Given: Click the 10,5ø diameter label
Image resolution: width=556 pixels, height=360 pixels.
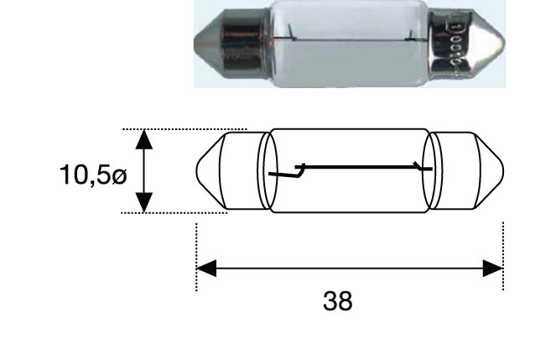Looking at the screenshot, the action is pyautogui.click(x=93, y=175).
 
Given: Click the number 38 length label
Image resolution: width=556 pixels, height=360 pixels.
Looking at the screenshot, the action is pyautogui.click(x=338, y=300).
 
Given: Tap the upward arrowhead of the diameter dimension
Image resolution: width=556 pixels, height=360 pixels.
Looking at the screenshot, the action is pyautogui.click(x=144, y=139).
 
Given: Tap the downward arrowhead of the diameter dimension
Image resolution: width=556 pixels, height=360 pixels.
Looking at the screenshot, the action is pyautogui.click(x=144, y=202).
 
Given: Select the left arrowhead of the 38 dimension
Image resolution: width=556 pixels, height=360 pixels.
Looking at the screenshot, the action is pyautogui.click(x=206, y=269).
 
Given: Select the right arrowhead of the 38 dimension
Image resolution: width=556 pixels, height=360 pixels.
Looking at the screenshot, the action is pyautogui.click(x=493, y=269).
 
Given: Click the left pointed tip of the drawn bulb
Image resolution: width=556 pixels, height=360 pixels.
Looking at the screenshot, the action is pyautogui.click(x=197, y=171).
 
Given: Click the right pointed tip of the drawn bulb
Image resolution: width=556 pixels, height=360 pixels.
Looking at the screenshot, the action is pyautogui.click(x=503, y=171).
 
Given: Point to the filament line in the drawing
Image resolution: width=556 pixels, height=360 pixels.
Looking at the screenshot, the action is pyautogui.click(x=358, y=166).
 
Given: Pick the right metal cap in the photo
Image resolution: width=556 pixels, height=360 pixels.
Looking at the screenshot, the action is pyautogui.click(x=450, y=44).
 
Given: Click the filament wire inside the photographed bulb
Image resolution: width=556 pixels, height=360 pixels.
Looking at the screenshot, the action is pyautogui.click(x=349, y=39).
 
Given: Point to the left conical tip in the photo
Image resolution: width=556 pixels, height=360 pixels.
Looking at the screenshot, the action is pyautogui.click(x=207, y=44).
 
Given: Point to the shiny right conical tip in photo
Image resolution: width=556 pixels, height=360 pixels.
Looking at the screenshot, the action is pyautogui.click(x=490, y=44).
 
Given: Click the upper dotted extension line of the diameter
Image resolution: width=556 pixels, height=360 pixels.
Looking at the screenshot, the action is pyautogui.click(x=184, y=129).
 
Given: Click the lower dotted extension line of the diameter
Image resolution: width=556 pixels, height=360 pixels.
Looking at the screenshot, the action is pyautogui.click(x=174, y=213).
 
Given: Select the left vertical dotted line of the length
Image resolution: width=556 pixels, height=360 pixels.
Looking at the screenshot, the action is pyautogui.click(x=196, y=257).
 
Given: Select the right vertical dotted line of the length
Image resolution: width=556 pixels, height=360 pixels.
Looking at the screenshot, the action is pyautogui.click(x=503, y=256).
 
